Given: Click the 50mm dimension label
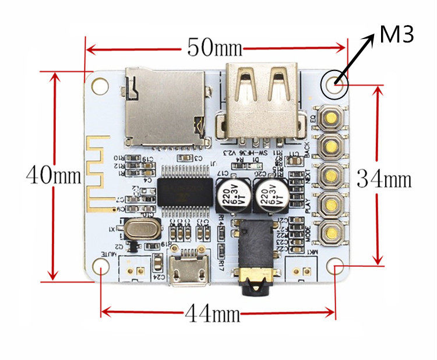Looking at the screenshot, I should tap(214, 47).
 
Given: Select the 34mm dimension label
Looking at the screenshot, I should tap(384, 179).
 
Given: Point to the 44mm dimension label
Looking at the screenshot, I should tap(213, 315).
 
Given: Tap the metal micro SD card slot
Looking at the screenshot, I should tap(167, 108).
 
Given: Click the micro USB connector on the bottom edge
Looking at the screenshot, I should tap(189, 269).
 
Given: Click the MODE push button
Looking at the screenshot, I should tap(330, 232).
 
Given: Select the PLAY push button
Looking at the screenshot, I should tap(330, 204).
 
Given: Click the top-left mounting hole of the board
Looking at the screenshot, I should tap(101, 85).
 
